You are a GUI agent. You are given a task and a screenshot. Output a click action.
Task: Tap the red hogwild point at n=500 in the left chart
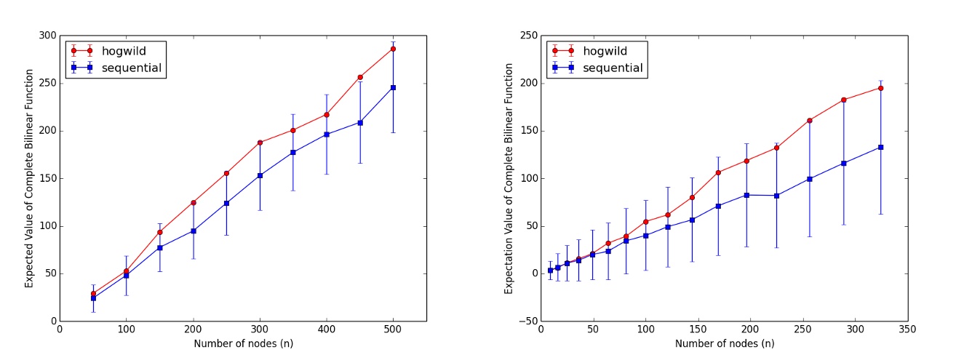(x=393, y=49)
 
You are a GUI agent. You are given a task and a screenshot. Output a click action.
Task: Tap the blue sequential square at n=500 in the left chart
(x=393, y=87)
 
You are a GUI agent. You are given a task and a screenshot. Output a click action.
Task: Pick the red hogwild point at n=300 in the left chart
(x=260, y=143)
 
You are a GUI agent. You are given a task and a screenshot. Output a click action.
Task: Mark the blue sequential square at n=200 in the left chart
(x=193, y=231)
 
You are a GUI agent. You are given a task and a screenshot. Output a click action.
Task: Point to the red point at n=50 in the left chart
(x=93, y=294)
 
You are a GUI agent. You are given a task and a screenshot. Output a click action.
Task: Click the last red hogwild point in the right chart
(x=880, y=88)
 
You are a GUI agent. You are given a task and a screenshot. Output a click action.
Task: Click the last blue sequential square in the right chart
(x=880, y=147)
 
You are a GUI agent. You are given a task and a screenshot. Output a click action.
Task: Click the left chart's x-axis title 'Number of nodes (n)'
(x=242, y=343)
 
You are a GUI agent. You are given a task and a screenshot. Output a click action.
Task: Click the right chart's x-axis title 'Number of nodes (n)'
(x=723, y=343)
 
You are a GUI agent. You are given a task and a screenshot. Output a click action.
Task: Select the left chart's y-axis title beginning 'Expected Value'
(x=29, y=178)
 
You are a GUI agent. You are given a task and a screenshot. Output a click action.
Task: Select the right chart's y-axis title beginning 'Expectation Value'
(x=509, y=178)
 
